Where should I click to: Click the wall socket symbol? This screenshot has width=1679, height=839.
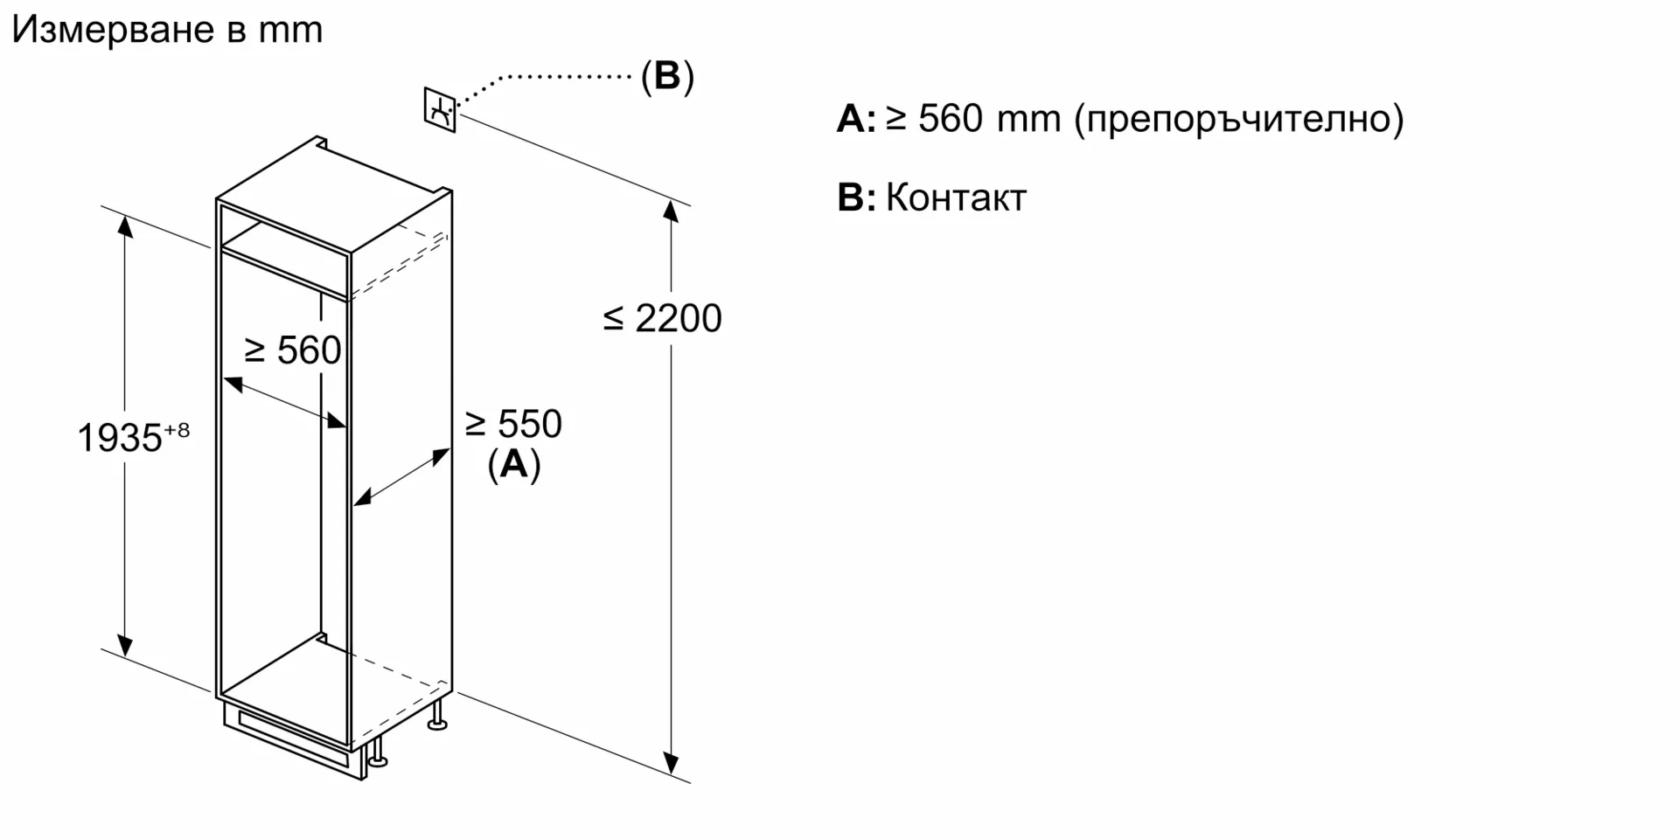[x=440, y=110]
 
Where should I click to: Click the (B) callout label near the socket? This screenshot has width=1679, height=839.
[x=667, y=77]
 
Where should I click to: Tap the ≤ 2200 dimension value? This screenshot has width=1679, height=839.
[x=662, y=318]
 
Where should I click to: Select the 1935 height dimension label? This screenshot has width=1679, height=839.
[x=120, y=438]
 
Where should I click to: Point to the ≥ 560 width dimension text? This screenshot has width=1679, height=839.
[x=292, y=350]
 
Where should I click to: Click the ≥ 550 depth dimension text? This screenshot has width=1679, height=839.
[x=513, y=425]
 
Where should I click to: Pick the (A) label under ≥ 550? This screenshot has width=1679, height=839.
[x=514, y=464]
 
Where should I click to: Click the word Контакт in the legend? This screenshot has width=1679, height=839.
[x=956, y=198]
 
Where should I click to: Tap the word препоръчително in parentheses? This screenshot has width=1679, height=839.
[x=1239, y=118]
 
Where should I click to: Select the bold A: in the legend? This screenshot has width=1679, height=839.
[x=855, y=118]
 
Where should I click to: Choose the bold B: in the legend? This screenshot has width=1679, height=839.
[x=855, y=198]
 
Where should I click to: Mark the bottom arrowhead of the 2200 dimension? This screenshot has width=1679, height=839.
[x=671, y=764]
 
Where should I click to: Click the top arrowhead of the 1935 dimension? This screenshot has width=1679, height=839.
[x=125, y=225]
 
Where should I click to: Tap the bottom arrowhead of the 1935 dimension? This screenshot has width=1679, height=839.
[x=125, y=646]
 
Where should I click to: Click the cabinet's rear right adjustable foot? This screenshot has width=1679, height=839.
[x=438, y=714]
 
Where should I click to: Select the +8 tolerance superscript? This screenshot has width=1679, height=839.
[x=177, y=430]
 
